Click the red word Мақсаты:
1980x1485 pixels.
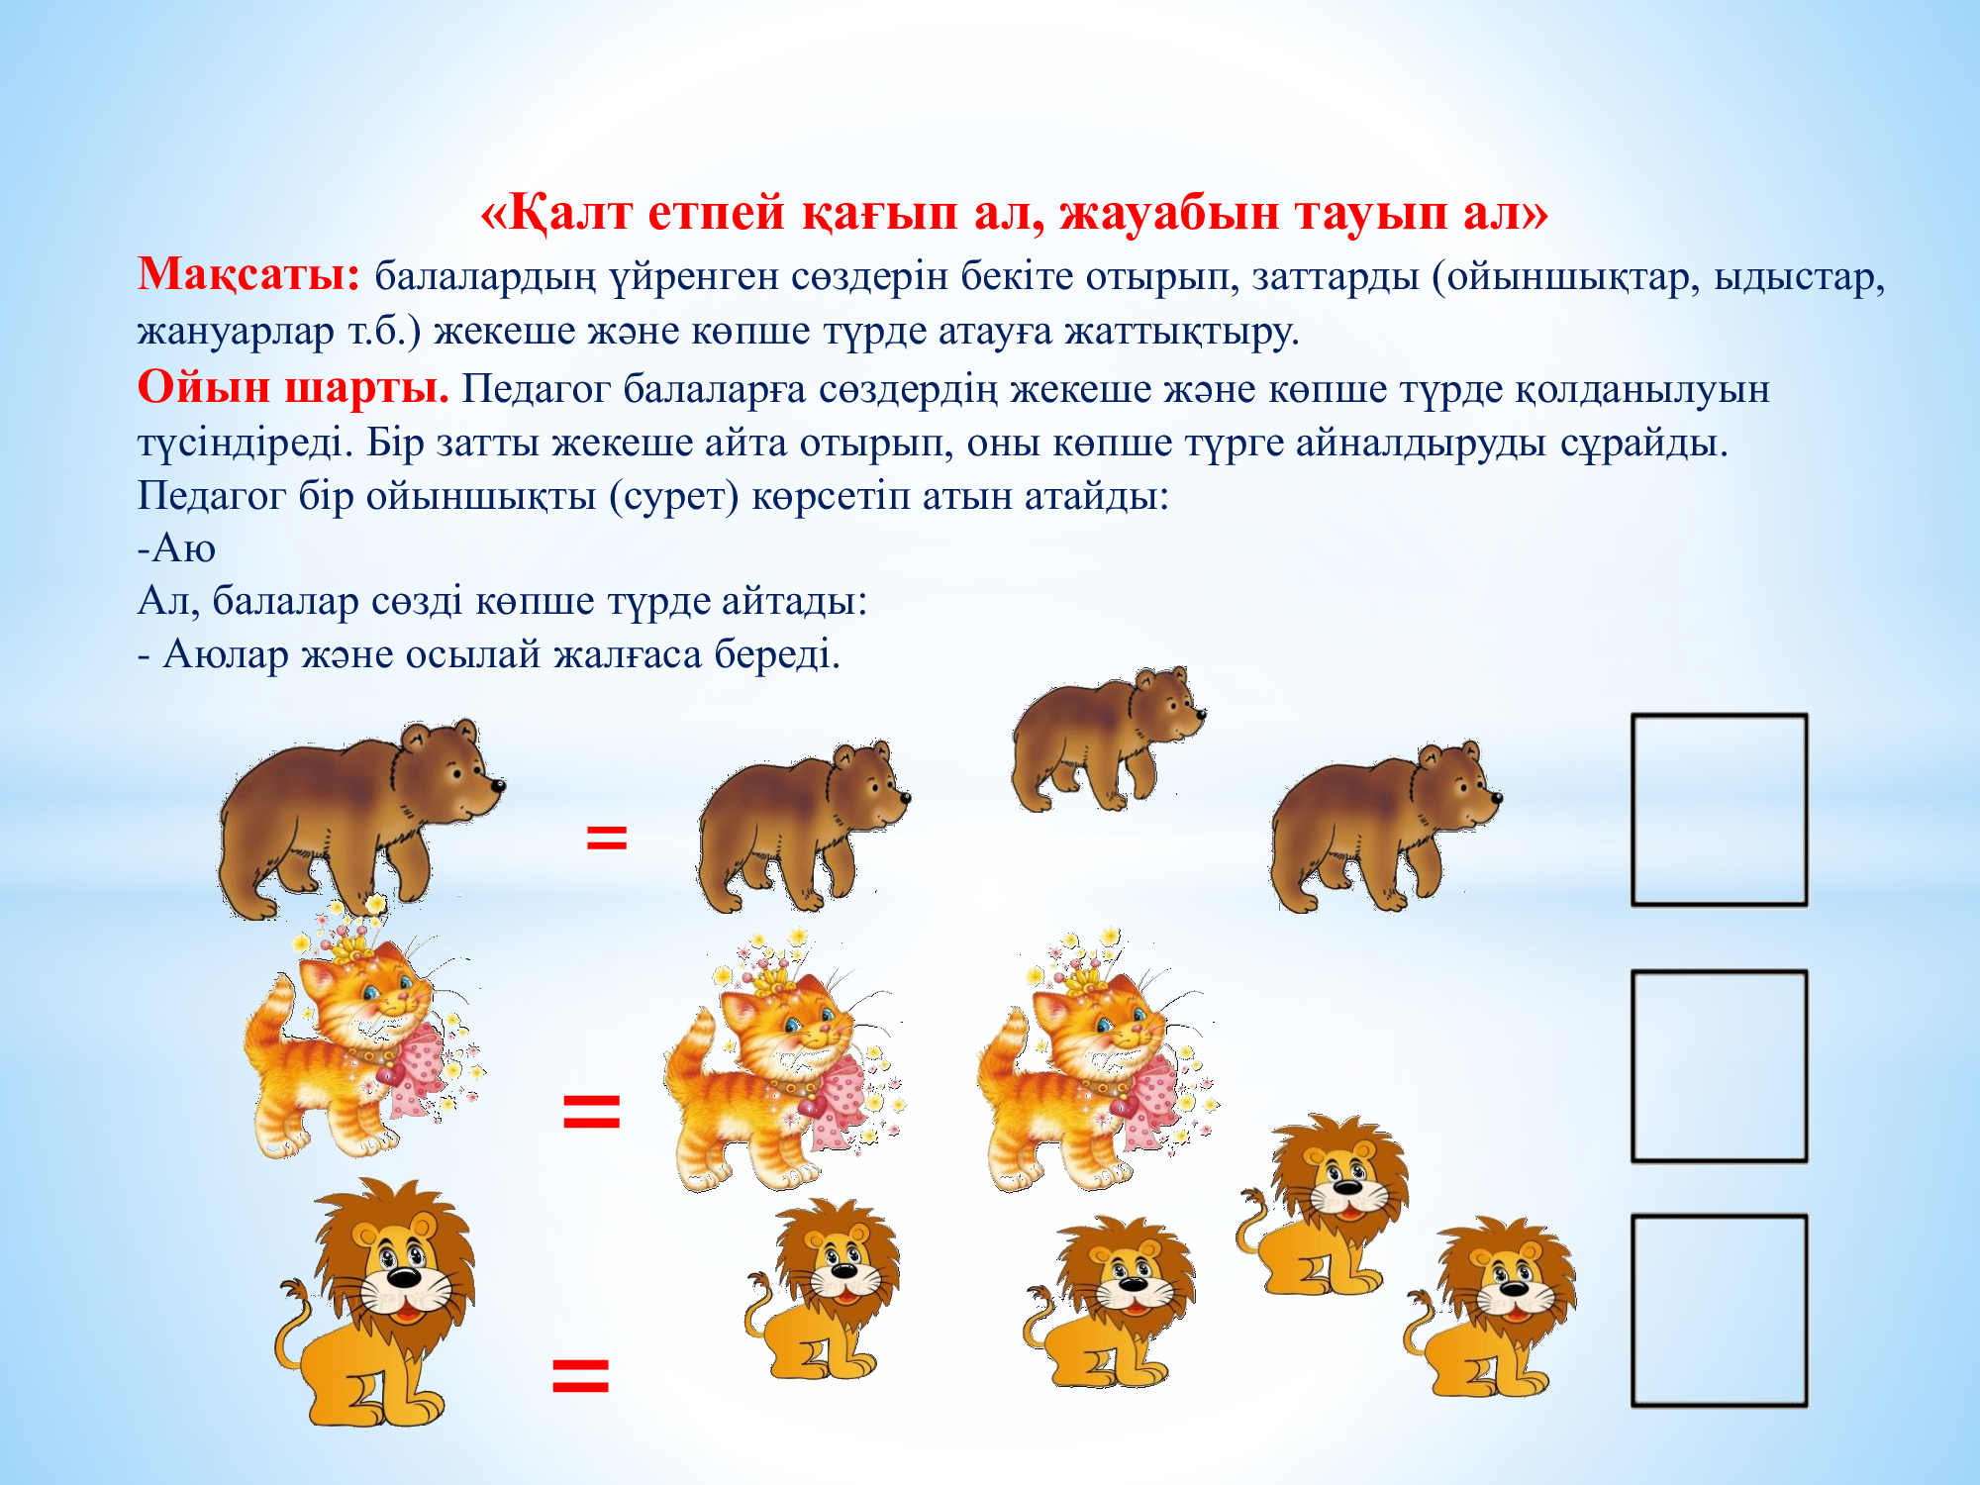pos(248,275)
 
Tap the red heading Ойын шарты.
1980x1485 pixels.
pos(293,387)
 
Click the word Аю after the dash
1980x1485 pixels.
pos(184,548)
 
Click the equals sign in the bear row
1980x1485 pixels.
pos(607,838)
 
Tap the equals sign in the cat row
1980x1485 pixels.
pos(591,1111)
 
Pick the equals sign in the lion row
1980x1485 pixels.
pos(580,1375)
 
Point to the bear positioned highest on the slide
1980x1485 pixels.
pos(1108,739)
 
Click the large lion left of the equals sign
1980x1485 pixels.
pos(376,1302)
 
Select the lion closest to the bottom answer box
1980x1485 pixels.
pos(1490,1307)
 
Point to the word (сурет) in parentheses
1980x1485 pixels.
pos(674,495)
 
